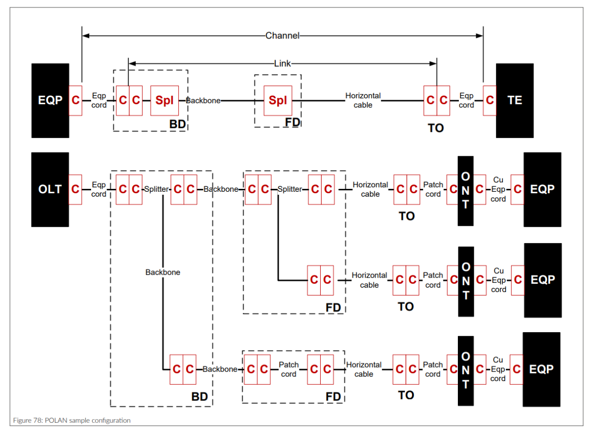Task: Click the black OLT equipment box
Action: pos(50,189)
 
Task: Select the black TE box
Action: pos(514,100)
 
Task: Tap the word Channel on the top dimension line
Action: pos(282,36)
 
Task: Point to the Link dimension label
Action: pos(282,63)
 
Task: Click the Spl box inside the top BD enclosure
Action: pos(164,100)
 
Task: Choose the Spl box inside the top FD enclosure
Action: pos(277,100)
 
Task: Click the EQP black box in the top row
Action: pos(50,100)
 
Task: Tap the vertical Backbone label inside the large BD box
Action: pos(163,272)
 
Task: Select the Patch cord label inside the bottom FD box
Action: pos(289,369)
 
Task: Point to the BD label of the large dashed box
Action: pos(199,397)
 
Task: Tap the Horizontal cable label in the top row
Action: pos(363,100)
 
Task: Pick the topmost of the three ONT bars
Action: pos(465,191)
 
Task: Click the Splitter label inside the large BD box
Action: pos(156,189)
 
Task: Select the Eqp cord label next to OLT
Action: pos(99,189)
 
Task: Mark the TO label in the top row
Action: pos(436,128)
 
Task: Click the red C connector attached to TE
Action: pos(490,100)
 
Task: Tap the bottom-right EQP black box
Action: pos(542,369)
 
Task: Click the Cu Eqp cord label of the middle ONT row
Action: pos(498,280)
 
